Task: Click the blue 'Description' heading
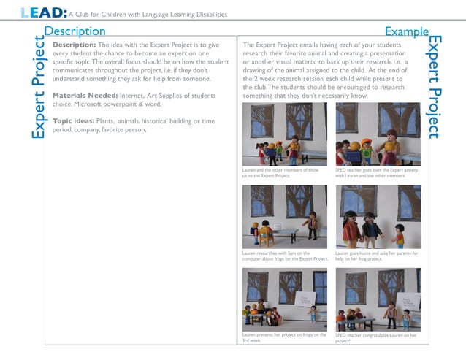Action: (x=75, y=31)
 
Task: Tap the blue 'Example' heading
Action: (x=406, y=31)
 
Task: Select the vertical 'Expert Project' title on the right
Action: (x=435, y=86)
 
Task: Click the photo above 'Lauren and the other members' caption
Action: (x=284, y=134)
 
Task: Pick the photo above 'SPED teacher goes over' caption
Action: (x=378, y=134)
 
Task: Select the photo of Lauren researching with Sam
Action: (x=284, y=217)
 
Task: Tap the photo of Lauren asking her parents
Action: (x=378, y=217)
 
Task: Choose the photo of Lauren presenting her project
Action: (x=284, y=299)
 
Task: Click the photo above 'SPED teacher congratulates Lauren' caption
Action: (x=378, y=299)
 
